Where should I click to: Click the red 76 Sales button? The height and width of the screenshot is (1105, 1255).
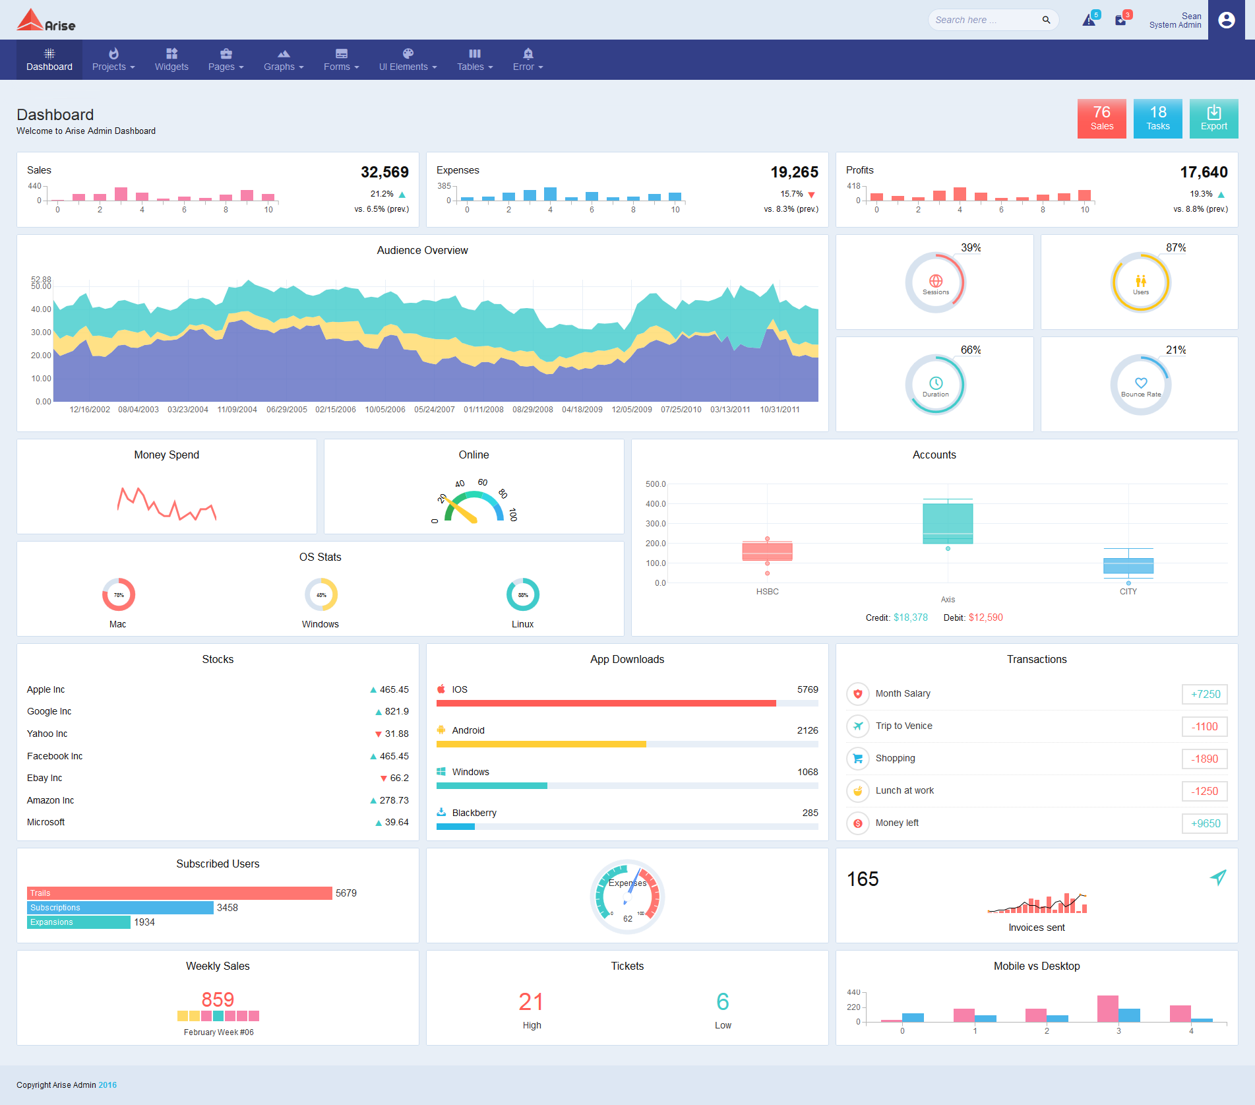coord(1101,119)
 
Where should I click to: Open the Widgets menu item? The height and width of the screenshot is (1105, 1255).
coord(171,59)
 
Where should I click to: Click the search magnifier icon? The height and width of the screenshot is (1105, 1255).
coord(1046,20)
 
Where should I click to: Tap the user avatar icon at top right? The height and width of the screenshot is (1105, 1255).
coord(1226,20)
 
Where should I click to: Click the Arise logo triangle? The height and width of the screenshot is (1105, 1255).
coord(30,20)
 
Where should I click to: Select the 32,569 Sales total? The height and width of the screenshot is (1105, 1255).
coord(384,172)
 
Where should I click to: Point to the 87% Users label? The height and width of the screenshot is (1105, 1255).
coord(1175,247)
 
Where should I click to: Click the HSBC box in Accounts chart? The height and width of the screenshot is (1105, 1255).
coord(767,551)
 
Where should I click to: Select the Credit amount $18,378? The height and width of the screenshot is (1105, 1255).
coord(910,617)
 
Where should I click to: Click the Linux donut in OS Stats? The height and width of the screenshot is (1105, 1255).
coord(522,594)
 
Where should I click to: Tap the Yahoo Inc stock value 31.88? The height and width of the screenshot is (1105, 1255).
coord(396,734)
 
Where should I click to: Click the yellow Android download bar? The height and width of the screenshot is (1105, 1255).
coord(541,744)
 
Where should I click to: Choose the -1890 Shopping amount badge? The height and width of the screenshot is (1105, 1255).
coord(1204,759)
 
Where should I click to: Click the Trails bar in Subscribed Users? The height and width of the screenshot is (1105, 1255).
coord(179,893)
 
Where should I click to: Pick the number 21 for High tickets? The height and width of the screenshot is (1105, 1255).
coord(531,1001)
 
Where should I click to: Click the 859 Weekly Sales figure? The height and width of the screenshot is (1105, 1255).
coord(218,999)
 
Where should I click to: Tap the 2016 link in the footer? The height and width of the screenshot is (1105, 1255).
coord(107,1085)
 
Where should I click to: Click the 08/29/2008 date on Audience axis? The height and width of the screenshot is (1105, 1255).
coord(533,410)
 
